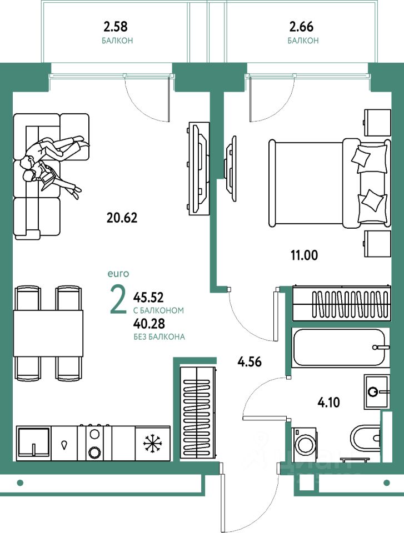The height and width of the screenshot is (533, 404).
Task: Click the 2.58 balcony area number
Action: tap(117, 26)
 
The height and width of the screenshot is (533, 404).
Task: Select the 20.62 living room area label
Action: tap(122, 217)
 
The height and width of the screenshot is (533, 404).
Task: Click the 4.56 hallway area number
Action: tap(250, 363)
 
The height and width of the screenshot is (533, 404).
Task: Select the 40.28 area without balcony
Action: tap(148, 323)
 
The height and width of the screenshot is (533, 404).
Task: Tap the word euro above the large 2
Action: tap(118, 273)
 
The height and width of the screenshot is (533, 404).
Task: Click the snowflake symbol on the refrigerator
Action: tap(151, 443)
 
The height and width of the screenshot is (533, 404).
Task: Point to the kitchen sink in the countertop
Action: tap(34, 443)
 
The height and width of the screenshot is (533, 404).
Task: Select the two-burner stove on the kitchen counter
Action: tap(95, 443)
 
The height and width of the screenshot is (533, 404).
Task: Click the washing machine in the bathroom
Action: tap(304, 444)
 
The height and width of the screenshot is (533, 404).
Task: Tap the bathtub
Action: tap(339, 347)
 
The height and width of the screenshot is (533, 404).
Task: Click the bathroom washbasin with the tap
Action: tap(379, 391)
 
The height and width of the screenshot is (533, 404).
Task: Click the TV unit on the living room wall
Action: tap(197, 168)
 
